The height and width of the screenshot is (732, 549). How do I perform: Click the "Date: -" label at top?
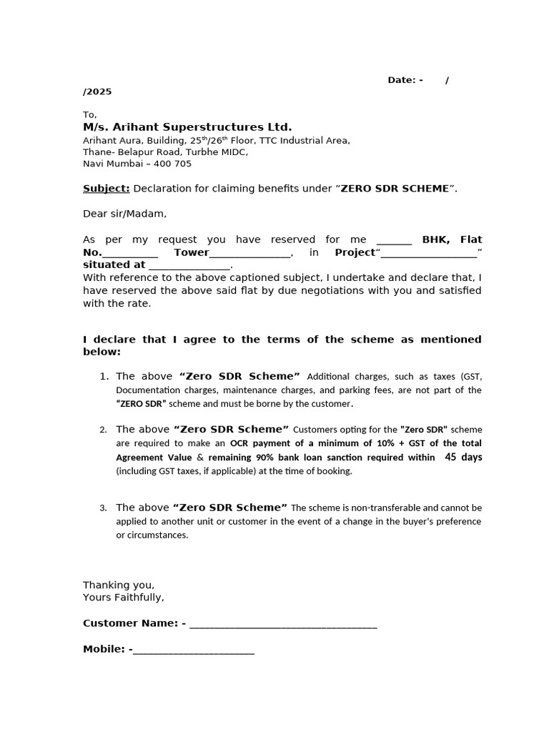(x=405, y=80)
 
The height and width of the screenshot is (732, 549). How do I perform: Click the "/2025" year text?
(x=97, y=91)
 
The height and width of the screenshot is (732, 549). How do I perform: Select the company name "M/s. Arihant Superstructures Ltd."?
(x=187, y=127)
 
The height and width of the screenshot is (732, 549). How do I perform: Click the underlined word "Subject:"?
(x=106, y=189)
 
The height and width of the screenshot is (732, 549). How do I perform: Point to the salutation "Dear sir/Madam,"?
(x=124, y=214)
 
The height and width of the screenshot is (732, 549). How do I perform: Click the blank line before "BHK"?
(x=394, y=241)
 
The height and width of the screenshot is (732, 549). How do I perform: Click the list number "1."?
(x=104, y=376)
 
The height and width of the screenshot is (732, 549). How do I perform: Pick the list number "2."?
(x=104, y=430)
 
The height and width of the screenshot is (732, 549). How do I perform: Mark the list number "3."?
(x=104, y=508)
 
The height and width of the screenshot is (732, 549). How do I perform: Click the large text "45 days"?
(x=463, y=457)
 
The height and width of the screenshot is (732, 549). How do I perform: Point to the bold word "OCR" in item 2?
(x=240, y=443)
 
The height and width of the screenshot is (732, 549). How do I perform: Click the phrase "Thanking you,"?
(x=119, y=585)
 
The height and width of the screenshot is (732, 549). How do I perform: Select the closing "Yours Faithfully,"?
(x=124, y=597)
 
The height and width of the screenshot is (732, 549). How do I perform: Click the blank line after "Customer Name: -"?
(x=283, y=625)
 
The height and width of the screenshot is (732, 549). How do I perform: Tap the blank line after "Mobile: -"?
(x=193, y=650)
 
